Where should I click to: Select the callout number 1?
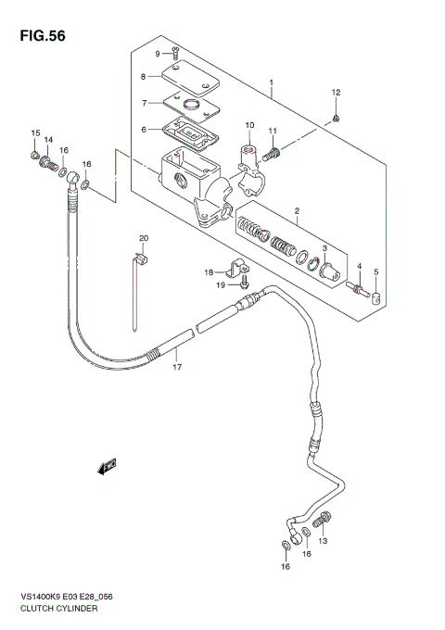(x=271, y=82)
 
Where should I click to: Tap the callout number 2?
(x=296, y=212)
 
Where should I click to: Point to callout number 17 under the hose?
(x=174, y=367)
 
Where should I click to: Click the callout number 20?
(x=144, y=238)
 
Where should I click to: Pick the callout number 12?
(x=337, y=92)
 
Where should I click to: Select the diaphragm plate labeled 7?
(x=190, y=104)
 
